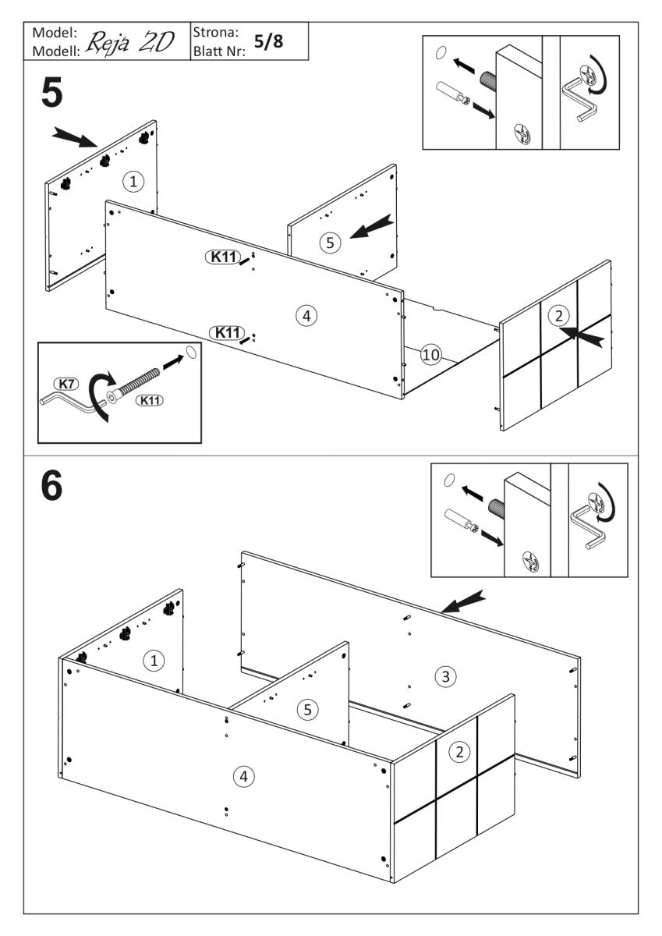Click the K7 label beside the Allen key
coord(67,384)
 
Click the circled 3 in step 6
coord(444,676)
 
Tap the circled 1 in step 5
coord(134,182)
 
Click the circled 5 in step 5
coord(330,243)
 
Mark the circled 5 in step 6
coord(309,710)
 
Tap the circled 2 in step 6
coord(460,752)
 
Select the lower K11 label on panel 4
coord(227,332)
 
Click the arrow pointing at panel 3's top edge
coord(463,600)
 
